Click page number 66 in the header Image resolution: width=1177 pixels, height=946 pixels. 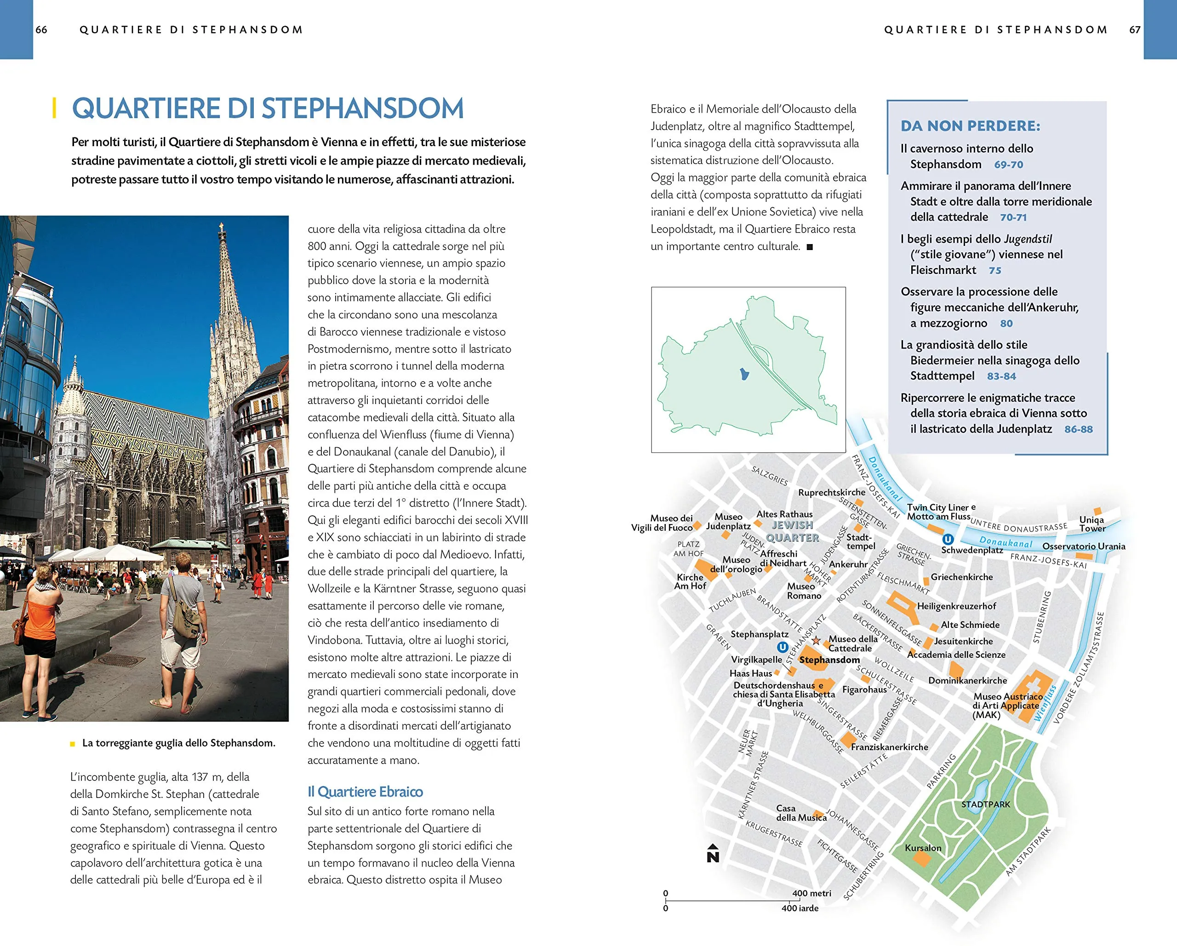click(x=41, y=29)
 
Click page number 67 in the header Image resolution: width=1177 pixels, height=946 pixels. click(x=1135, y=29)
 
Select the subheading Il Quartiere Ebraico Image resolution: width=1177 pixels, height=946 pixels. click(x=365, y=792)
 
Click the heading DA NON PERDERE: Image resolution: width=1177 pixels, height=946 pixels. click(x=970, y=126)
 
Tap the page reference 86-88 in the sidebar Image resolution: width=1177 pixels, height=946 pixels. click(x=1078, y=429)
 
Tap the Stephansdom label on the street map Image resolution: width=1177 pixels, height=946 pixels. click(x=829, y=660)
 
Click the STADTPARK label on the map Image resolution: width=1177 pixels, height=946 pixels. click(x=985, y=804)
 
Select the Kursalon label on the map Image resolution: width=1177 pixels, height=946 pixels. click(x=923, y=848)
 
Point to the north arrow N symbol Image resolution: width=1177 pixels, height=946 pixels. click(x=713, y=853)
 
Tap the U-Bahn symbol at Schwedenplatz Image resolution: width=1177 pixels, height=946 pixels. click(x=948, y=539)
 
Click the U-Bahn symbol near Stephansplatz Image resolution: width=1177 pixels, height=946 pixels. click(x=783, y=647)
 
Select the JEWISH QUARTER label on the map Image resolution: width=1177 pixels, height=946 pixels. click(x=792, y=531)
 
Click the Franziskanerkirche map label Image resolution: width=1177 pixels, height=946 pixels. click(x=889, y=747)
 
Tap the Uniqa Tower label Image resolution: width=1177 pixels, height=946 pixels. click(x=1092, y=524)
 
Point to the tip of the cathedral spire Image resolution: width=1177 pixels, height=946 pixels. click(x=221, y=224)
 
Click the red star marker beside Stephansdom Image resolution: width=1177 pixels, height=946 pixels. click(x=816, y=640)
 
